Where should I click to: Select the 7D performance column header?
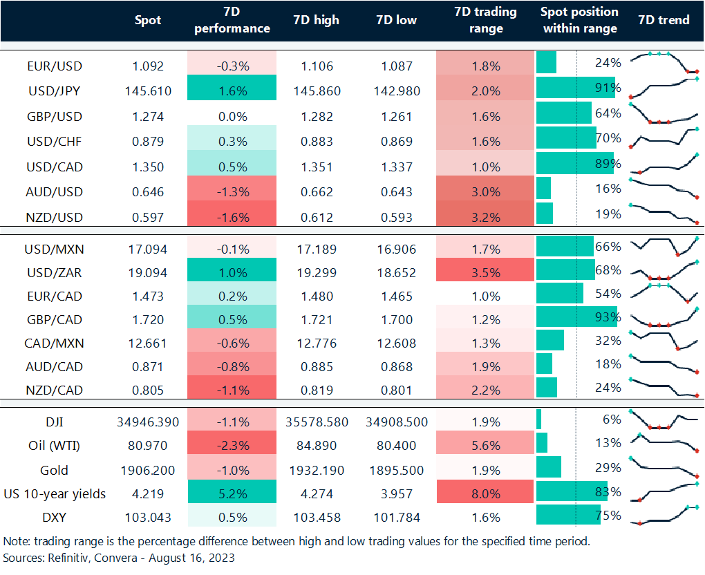pyautogui.click(x=232, y=20)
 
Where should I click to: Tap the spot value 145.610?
pyautogui.click(x=148, y=91)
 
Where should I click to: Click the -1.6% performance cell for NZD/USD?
pyautogui.click(x=232, y=217)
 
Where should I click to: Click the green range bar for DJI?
pyautogui.click(x=538, y=420)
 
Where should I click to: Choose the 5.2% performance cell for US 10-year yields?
pyautogui.click(x=232, y=493)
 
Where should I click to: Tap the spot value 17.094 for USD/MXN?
pyautogui.click(x=148, y=247)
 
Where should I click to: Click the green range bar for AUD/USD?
pyautogui.click(x=543, y=188)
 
